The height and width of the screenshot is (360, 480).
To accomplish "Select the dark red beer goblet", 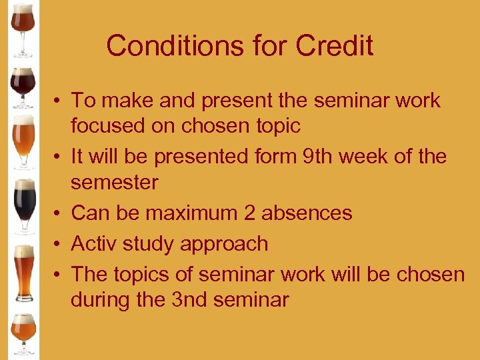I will pyautogui.click(x=23, y=85).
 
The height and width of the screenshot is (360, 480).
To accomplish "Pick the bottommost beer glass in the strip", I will pyautogui.click(x=23, y=333).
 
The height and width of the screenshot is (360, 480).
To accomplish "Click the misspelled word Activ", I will pyautogui.click(x=97, y=244).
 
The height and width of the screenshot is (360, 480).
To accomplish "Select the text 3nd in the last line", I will pyautogui.click(x=189, y=300).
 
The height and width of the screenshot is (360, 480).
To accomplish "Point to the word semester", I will pyautogui.click(x=114, y=182).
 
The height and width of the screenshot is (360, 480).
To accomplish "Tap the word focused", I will pyautogui.click(x=107, y=125).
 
